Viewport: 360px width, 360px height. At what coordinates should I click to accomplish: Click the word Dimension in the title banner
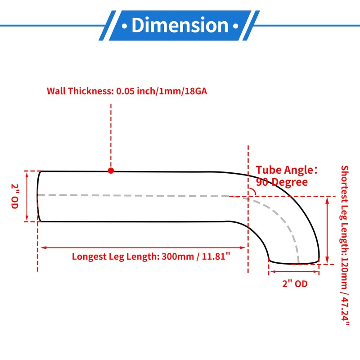pyautogui.click(x=180, y=25)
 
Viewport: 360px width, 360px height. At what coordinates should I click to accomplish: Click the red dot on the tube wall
pyautogui.click(x=111, y=171)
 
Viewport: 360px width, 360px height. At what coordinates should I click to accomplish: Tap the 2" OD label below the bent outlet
pyautogui.click(x=294, y=284)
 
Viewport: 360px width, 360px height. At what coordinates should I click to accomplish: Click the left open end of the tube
pyautogui.click(x=39, y=196)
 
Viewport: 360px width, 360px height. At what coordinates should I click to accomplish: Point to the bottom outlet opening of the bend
pyautogui.click(x=294, y=261)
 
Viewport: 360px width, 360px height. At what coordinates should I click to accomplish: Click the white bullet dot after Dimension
pyautogui.click(x=236, y=25)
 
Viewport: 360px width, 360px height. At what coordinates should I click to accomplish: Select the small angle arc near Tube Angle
pyautogui.click(x=253, y=192)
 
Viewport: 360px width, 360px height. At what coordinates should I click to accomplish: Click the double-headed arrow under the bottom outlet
pyautogui.click(x=294, y=271)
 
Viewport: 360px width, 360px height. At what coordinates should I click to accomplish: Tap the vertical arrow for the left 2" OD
pyautogui.click(x=28, y=196)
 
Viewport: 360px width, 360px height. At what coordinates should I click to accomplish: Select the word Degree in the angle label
pyautogui.click(x=292, y=182)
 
